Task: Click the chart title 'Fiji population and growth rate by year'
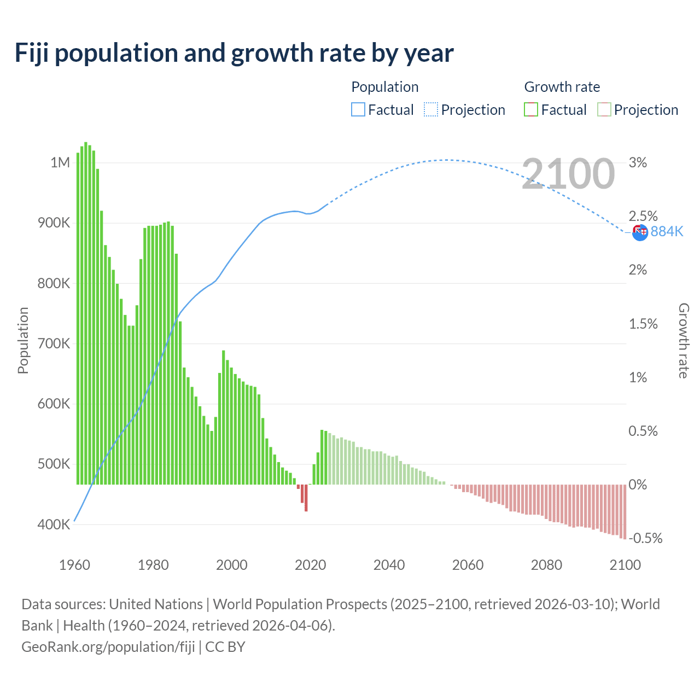[234, 53]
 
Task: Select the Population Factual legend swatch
[358, 109]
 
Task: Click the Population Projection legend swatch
[431, 109]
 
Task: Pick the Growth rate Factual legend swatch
[531, 109]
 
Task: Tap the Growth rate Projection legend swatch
[604, 109]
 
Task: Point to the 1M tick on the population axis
[60, 162]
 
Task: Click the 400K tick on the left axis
[54, 524]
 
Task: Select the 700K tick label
[54, 343]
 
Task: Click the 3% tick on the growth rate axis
[638, 162]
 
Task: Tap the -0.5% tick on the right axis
[645, 538]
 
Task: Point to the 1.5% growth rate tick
[643, 324]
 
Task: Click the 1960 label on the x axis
[74, 565]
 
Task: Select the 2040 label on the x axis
[389, 565]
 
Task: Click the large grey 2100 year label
[568, 174]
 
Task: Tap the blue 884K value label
[667, 231]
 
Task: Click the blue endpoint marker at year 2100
[640, 232]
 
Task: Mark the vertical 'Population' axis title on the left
[23, 340]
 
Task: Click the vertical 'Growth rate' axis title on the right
[684, 340]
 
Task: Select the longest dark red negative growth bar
[306, 498]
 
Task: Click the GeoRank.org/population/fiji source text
[108, 646]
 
